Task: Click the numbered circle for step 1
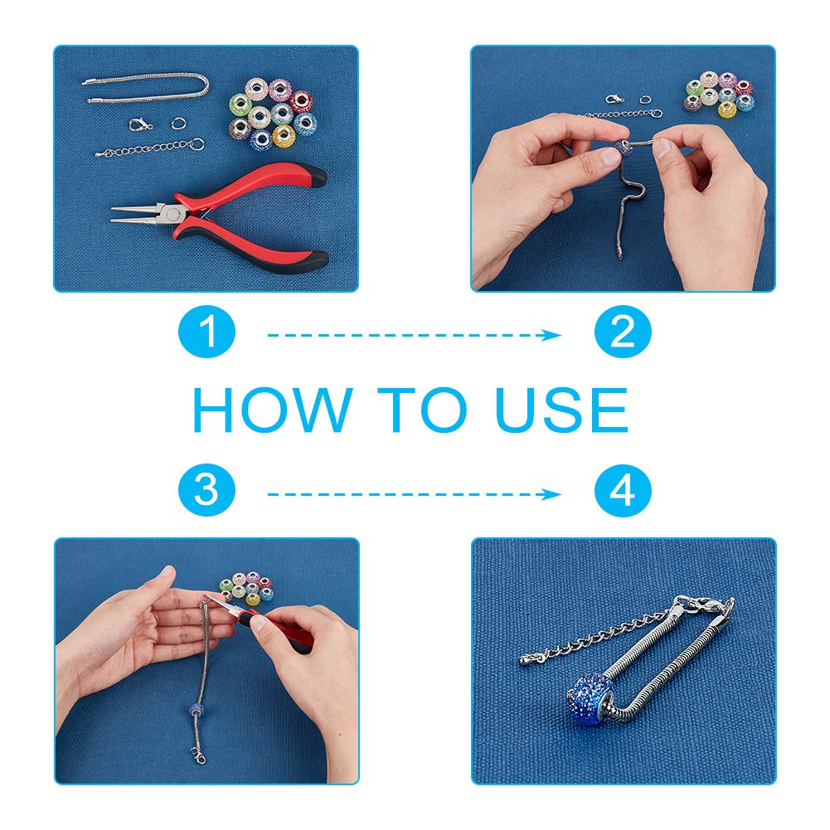(206, 332)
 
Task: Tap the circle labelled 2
(623, 332)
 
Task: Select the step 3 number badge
(206, 490)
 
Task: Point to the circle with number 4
(623, 490)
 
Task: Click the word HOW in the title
(273, 410)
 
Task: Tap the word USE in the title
(562, 410)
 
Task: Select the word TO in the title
(423, 410)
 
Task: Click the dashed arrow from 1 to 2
(414, 335)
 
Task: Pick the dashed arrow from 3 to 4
(414, 494)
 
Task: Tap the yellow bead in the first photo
(284, 136)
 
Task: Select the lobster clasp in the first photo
(140, 125)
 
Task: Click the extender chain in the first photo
(150, 148)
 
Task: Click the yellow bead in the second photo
(727, 109)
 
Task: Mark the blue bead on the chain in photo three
(197, 710)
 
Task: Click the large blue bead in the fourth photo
(590, 699)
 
